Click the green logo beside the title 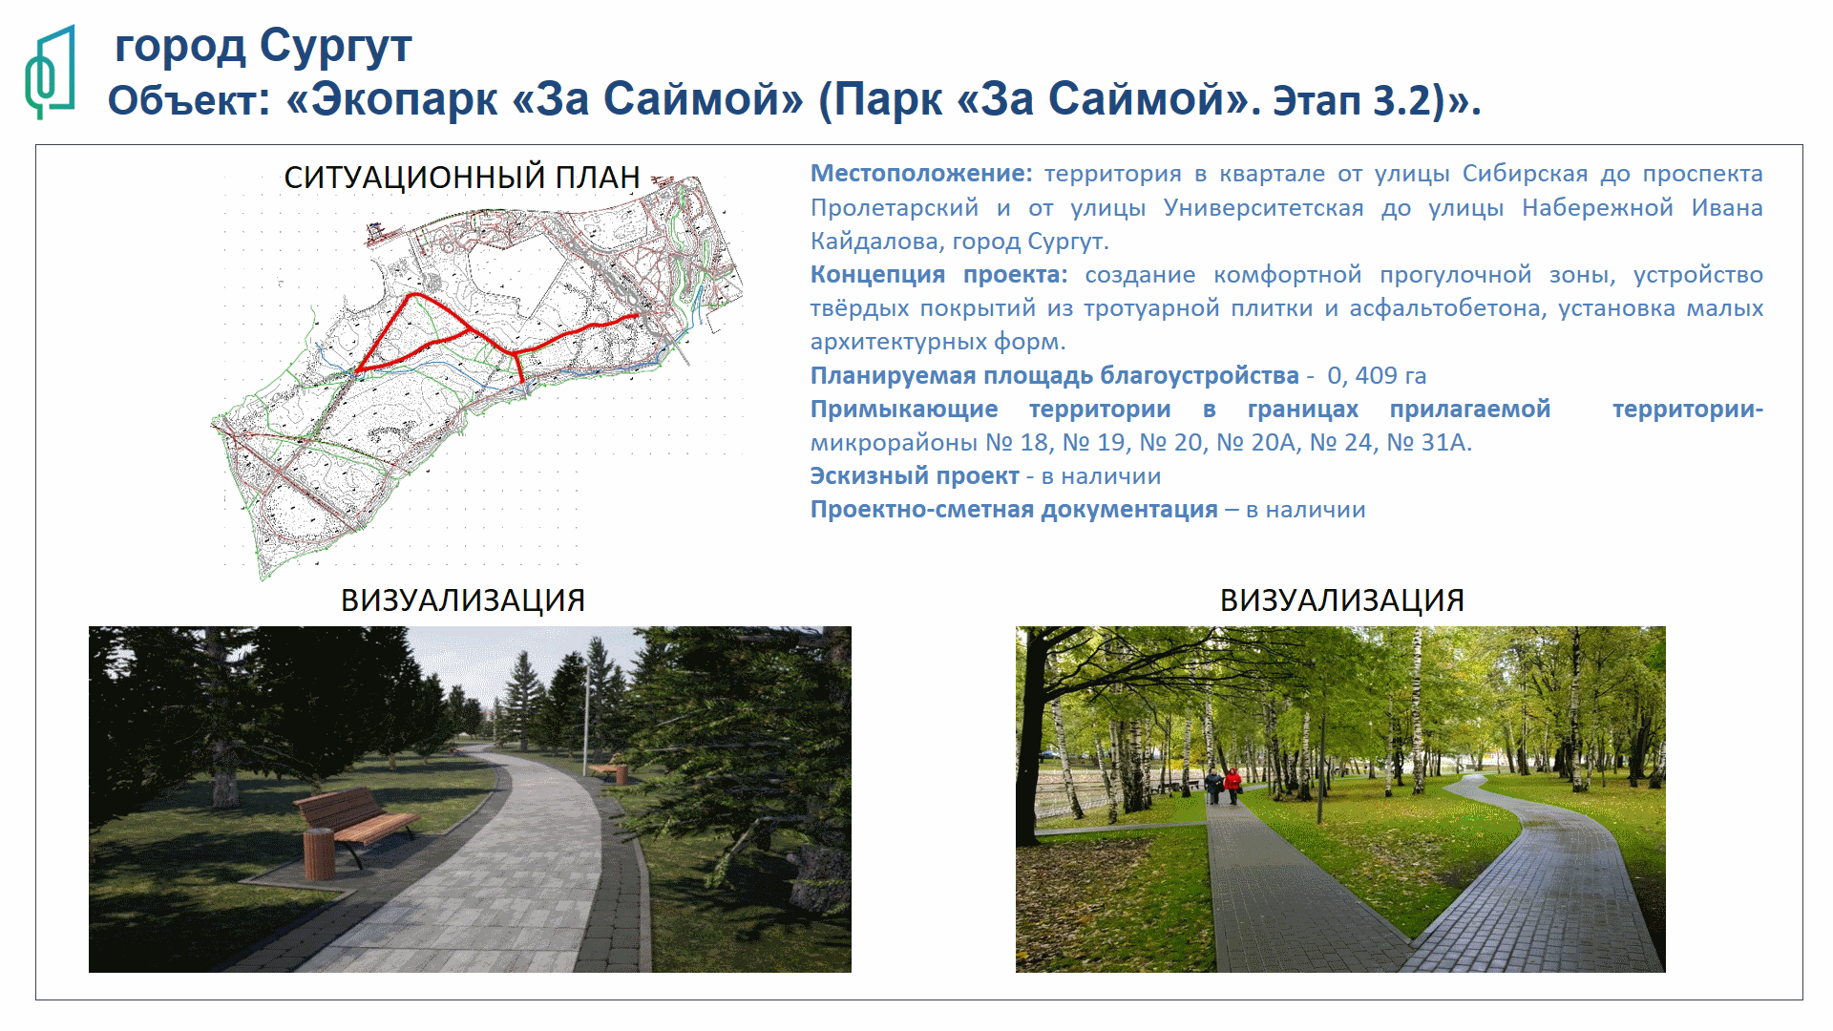[50, 73]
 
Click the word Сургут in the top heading [335, 47]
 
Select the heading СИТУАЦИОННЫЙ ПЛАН [462, 178]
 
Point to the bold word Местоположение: [921, 174]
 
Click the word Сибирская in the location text [1525, 174]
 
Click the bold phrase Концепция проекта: [939, 275]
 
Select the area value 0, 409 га [1377, 376]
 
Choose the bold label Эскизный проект [915, 476]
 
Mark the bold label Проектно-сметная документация [1014, 510]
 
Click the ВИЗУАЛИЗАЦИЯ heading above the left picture [463, 600]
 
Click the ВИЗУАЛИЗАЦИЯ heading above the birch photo [1342, 600]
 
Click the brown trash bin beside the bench [319, 853]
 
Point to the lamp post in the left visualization [586, 717]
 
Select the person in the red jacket [1233, 785]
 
